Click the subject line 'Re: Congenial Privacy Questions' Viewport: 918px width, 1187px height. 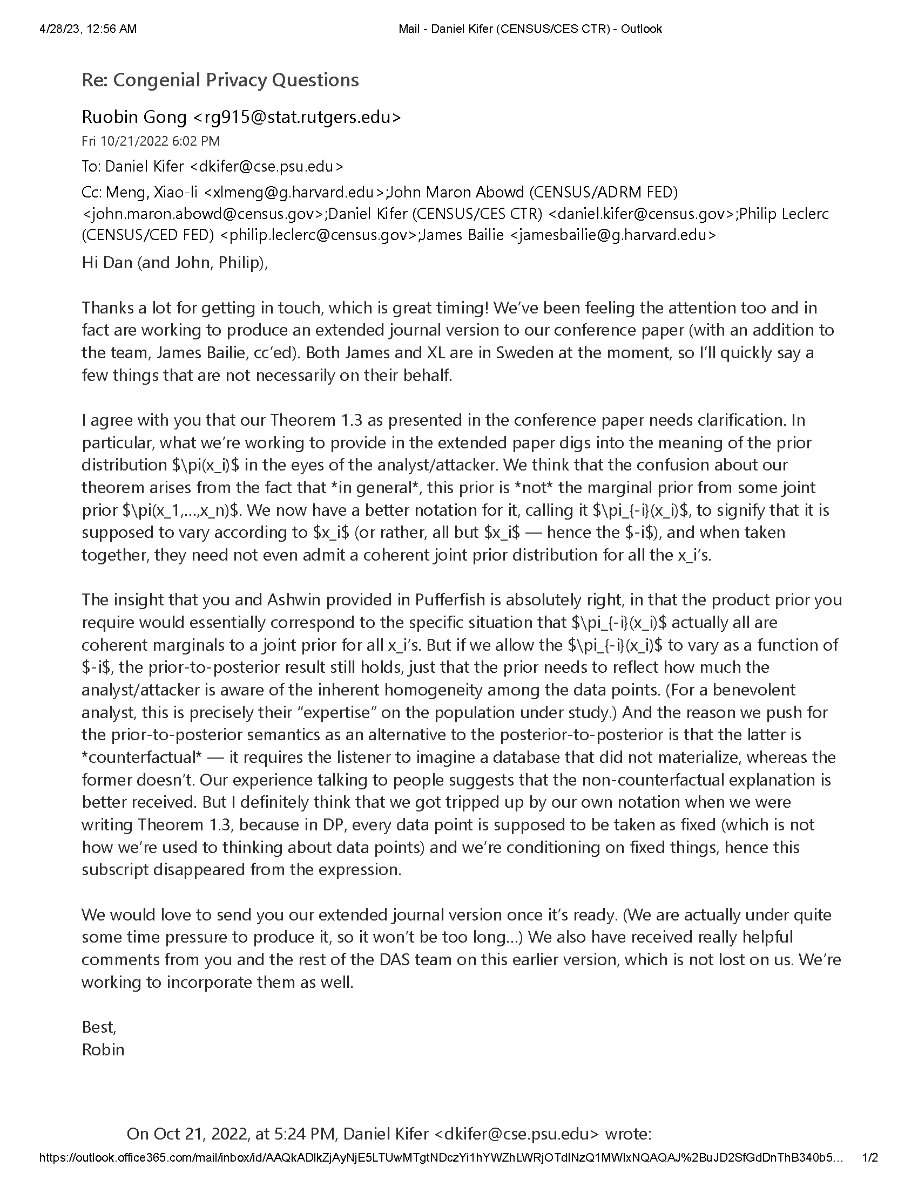[220, 80]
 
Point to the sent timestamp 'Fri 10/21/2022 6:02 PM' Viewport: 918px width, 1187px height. [151, 141]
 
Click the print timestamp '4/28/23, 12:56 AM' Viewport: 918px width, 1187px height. [88, 29]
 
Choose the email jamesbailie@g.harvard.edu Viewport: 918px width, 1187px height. [612, 235]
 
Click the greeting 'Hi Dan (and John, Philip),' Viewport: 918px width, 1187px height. [174, 263]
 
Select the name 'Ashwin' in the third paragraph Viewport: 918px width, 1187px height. [295, 599]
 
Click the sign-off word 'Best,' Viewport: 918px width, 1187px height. [99, 1027]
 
